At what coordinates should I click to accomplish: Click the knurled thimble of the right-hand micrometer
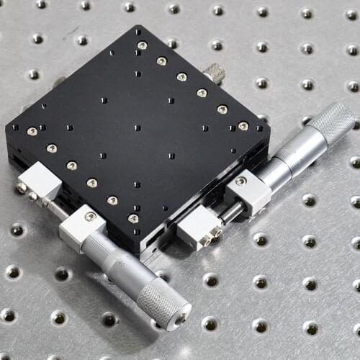(331, 124)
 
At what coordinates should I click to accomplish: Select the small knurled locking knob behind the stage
(214, 72)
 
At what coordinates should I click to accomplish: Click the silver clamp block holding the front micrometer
(82, 227)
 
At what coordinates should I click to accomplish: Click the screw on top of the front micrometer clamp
(90, 216)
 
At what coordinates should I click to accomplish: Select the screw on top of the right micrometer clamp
(240, 181)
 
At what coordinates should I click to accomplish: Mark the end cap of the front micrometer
(179, 316)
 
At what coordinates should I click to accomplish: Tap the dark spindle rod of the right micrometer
(230, 211)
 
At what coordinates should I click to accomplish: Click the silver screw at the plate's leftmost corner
(32, 131)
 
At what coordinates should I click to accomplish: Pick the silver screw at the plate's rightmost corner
(243, 126)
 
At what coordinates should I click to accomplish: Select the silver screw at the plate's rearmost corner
(142, 45)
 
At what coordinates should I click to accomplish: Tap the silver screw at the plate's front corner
(133, 218)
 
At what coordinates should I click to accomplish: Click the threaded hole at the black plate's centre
(137, 127)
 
